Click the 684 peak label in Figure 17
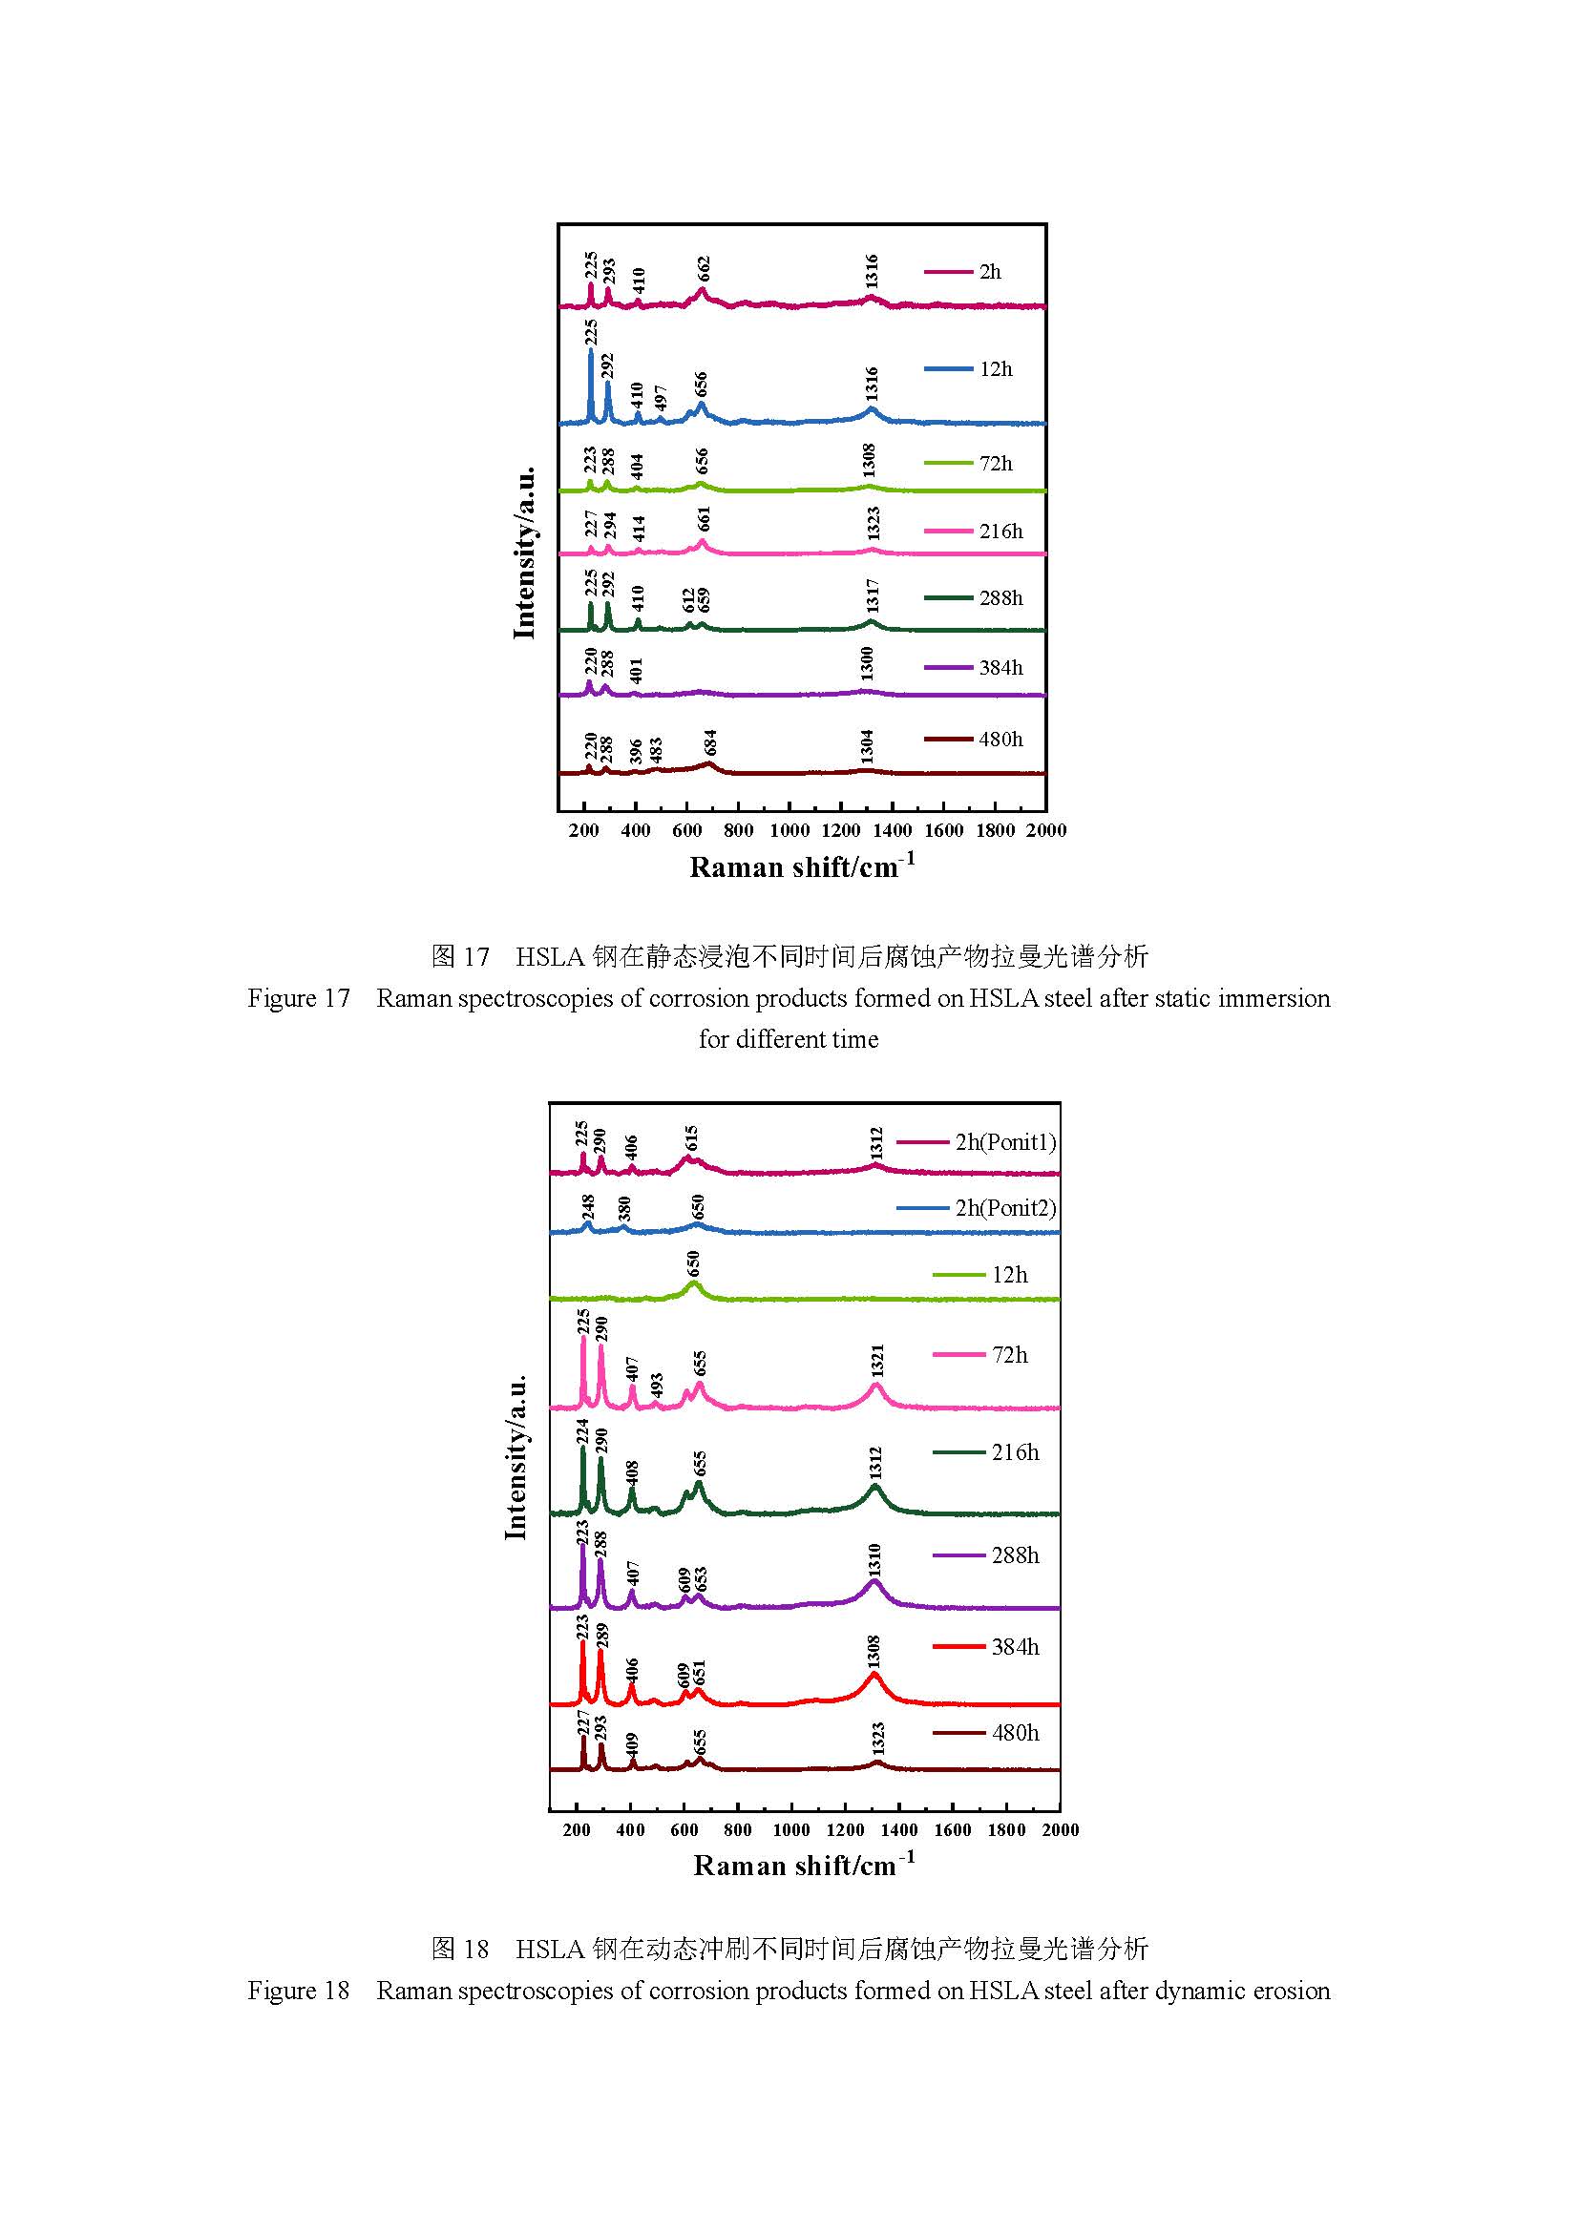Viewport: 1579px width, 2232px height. coord(711,741)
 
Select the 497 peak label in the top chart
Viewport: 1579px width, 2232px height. coord(661,397)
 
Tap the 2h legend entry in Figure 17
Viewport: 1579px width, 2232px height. coord(990,272)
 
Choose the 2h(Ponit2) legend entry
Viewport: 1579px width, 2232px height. coord(1005,1207)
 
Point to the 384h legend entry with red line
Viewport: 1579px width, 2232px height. coord(1015,1646)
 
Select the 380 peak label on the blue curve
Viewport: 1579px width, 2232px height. coord(624,1207)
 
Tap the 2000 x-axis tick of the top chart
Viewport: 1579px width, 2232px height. coord(1046,830)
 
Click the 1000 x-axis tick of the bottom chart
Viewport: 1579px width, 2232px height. coord(791,1828)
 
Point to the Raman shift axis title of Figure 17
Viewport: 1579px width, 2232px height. coord(802,866)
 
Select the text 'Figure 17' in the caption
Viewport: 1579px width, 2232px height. coord(299,998)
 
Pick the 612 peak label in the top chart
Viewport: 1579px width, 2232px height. coord(688,600)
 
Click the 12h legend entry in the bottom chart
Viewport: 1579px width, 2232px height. coord(1009,1275)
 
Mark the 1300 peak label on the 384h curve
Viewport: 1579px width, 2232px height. coord(866,664)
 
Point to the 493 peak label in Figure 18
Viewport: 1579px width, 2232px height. coord(656,1386)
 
